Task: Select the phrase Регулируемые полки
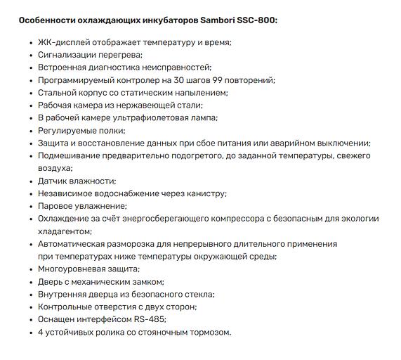pyautogui.click(x=81, y=131)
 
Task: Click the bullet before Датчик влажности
pyautogui.click(x=29, y=181)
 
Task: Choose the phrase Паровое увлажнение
pyautogui.click(x=82, y=206)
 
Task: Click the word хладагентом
pyautogui.click(x=67, y=231)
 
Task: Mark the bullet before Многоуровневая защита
pyautogui.click(x=29, y=269)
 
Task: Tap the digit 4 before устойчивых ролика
pyautogui.click(x=41, y=333)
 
